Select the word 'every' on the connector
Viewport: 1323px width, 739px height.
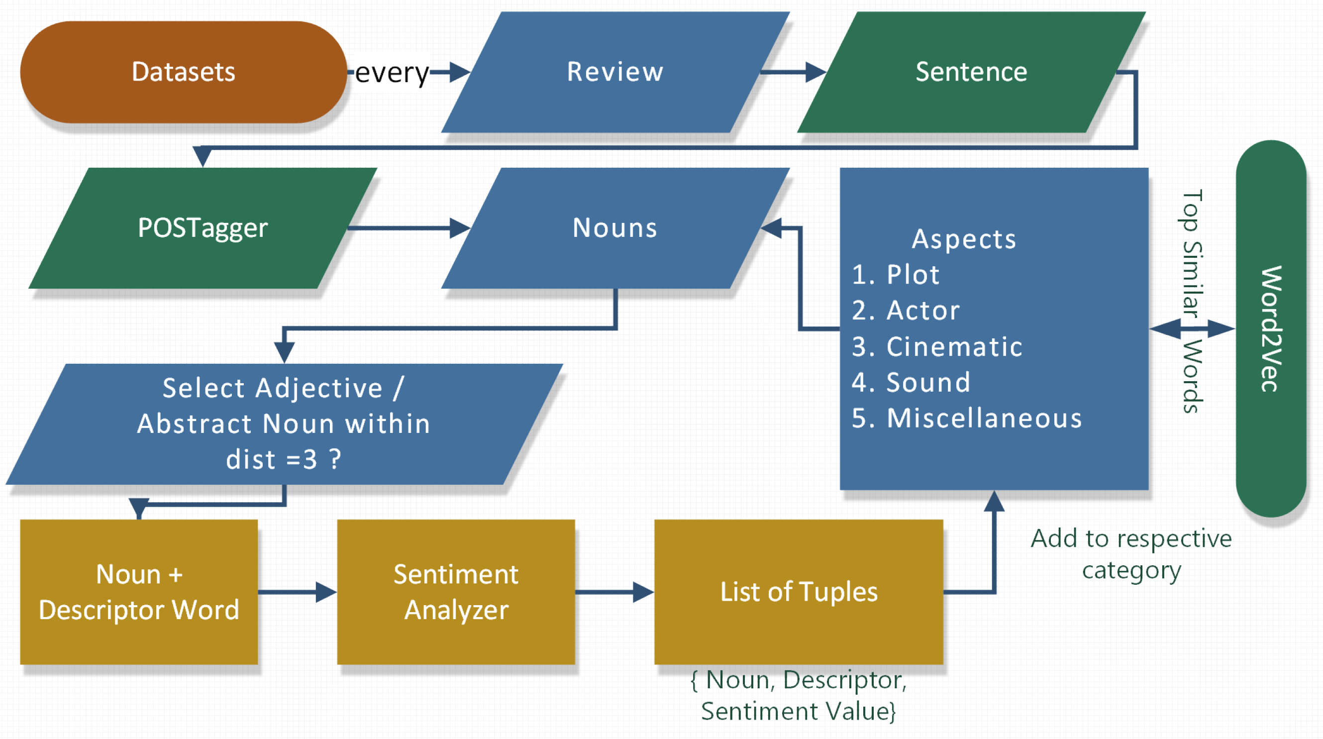click(392, 73)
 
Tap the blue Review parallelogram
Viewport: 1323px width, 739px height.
click(615, 72)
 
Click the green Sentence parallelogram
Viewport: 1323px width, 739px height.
click(971, 72)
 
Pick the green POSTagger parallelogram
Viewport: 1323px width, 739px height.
click(203, 227)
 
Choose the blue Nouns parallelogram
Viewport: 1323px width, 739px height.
click(615, 227)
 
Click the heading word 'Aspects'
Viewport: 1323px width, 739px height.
click(963, 239)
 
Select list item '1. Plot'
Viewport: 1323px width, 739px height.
click(896, 275)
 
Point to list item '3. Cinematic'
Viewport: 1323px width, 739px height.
click(937, 347)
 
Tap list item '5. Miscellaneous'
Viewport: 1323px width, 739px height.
click(967, 418)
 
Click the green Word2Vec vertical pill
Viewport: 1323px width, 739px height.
click(1271, 328)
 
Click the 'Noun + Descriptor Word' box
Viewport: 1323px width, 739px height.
click(139, 592)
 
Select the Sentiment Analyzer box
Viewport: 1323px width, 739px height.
click(456, 592)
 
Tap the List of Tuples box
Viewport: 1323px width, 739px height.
click(798, 592)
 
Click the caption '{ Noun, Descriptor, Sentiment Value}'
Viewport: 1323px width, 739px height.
click(798, 695)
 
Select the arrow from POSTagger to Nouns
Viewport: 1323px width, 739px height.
click(408, 228)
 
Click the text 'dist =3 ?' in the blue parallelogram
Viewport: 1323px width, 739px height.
click(284, 459)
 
